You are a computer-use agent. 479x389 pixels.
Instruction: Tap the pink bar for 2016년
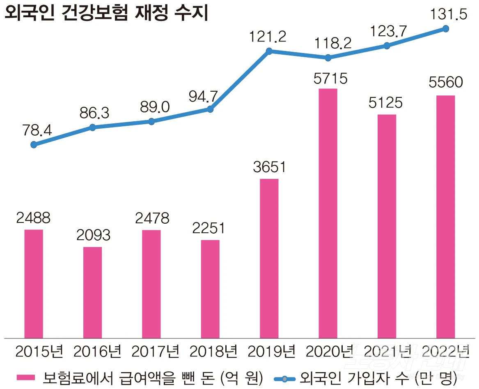(93, 292)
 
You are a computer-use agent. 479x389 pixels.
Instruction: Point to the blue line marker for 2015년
(34, 145)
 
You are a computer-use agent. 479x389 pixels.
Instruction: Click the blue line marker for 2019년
(269, 51)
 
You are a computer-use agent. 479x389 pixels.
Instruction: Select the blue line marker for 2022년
(446, 29)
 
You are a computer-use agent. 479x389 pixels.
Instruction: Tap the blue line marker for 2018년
(210, 109)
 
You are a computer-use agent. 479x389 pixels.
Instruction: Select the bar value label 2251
(209, 228)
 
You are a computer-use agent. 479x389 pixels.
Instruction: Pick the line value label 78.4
(36, 131)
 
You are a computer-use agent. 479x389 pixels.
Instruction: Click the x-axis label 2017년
(155, 352)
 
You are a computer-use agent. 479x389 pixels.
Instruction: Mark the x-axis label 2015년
(39, 352)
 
